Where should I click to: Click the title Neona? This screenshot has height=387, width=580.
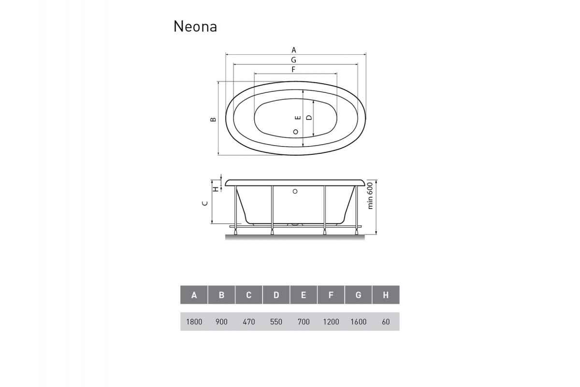click(x=195, y=27)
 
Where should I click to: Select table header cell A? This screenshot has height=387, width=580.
click(x=194, y=295)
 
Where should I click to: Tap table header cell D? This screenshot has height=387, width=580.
click(x=276, y=295)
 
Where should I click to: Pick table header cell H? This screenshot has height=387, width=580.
click(x=386, y=295)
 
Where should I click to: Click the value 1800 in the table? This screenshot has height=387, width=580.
click(x=194, y=322)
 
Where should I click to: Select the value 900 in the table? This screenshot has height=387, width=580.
click(x=221, y=322)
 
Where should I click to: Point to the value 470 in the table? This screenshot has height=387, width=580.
click(x=248, y=322)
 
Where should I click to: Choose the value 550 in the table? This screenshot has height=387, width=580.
click(x=276, y=322)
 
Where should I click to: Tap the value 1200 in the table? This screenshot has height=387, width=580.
click(x=331, y=322)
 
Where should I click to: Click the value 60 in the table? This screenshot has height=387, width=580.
click(x=386, y=322)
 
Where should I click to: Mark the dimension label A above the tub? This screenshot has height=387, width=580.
click(x=293, y=50)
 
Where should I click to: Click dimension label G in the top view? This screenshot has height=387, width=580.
click(x=293, y=60)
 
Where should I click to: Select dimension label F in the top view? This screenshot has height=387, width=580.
click(x=293, y=69)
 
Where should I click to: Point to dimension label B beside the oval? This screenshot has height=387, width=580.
click(x=213, y=119)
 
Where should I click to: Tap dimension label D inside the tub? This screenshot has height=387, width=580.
click(x=309, y=117)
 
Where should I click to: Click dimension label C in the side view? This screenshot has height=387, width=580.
click(x=205, y=204)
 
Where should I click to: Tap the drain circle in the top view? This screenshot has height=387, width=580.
click(x=296, y=132)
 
